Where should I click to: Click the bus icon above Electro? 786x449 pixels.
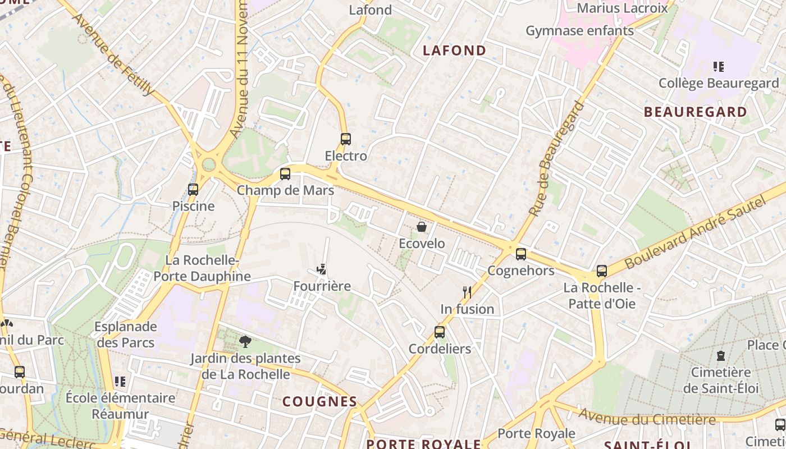pos(346,139)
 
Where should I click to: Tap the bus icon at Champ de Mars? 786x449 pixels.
pos(285,174)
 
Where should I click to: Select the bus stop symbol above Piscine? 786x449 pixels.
pos(193,190)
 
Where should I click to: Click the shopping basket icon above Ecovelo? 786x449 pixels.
pos(422,227)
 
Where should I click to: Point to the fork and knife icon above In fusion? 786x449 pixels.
pos(467,292)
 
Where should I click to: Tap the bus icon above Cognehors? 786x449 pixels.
pos(521,254)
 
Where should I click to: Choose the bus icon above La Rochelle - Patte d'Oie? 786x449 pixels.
pos(602,271)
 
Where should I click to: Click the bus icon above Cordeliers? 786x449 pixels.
pos(440,332)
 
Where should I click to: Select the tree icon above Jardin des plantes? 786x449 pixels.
pos(245,341)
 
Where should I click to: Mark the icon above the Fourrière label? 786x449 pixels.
pos(322,269)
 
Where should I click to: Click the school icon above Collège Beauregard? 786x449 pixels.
pos(718,67)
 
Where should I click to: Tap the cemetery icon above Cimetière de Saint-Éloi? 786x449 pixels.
pos(721,355)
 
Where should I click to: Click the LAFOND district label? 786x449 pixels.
pos(455,51)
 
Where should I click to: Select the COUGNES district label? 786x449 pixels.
pos(319,401)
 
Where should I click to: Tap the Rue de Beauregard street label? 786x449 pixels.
pos(553,159)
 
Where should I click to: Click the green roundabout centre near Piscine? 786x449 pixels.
pos(209,164)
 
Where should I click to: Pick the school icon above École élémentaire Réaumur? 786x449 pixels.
pos(120,382)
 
